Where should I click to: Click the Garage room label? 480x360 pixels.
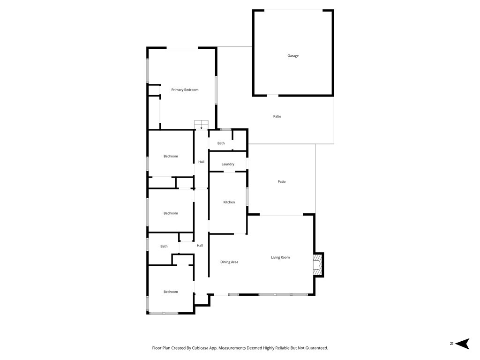293,56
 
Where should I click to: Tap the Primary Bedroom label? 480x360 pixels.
185,90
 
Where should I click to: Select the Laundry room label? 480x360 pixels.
228,164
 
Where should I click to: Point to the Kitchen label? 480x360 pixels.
229,202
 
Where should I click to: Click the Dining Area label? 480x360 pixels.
229,262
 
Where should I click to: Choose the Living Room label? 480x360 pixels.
280,257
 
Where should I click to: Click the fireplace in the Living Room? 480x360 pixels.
318,264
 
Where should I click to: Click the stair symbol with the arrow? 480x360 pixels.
201,125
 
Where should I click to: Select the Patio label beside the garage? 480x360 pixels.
277,116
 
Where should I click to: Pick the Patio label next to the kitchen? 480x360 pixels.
282,181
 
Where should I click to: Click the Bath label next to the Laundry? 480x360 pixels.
221,143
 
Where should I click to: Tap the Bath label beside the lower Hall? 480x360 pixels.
164,246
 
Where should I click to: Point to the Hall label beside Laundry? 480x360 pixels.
201,162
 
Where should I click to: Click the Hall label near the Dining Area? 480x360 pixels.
200,246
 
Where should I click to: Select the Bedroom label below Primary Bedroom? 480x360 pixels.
171,156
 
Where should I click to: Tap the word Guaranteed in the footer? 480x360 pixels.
315,348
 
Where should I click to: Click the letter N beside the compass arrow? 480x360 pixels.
451,344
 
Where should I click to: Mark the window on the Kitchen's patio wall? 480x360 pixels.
247,196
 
